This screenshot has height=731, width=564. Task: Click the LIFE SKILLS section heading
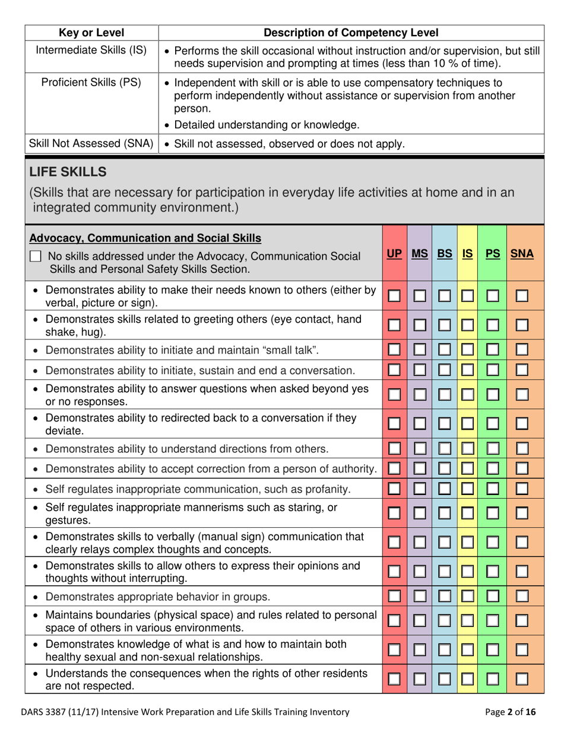click(68, 172)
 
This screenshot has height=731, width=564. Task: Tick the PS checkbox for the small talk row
click(493, 350)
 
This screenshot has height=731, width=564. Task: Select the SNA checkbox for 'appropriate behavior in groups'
click(522, 596)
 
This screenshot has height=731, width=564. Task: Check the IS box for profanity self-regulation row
click(467, 489)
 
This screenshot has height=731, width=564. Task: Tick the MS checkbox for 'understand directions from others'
click(420, 449)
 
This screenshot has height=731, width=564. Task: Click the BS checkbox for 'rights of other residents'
click(445, 679)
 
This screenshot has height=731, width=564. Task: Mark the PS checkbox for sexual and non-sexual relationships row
click(493, 650)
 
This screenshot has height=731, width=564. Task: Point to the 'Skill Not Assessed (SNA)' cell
click(91, 143)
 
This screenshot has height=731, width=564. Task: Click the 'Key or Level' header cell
click(91, 32)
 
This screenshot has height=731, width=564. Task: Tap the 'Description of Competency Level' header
click(351, 32)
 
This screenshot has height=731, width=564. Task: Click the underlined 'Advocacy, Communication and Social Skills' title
click(145, 238)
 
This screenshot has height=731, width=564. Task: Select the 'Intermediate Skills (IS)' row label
click(91, 49)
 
